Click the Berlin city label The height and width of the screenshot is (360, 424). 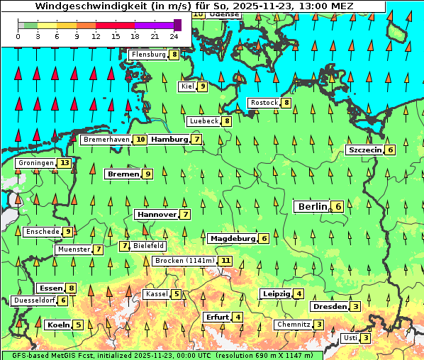[x=313, y=206]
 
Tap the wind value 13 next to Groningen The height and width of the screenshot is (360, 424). [x=65, y=163]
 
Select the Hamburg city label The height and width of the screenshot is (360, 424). [x=169, y=140]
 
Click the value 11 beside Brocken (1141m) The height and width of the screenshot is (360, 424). [x=225, y=261]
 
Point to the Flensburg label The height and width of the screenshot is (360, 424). [x=149, y=54]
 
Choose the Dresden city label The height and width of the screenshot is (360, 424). [x=329, y=307]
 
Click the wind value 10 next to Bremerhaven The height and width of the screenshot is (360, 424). [x=140, y=140]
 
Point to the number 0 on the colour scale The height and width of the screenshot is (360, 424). [x=19, y=35]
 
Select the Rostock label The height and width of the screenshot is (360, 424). [x=264, y=103]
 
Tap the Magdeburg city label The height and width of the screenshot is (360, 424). [x=232, y=238]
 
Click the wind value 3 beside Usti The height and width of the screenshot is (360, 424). [x=365, y=338]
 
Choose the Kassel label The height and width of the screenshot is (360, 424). [x=156, y=294]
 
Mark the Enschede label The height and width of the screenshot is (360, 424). [x=42, y=231]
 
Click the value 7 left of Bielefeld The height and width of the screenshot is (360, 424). [x=125, y=246]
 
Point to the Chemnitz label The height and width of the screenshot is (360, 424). [x=294, y=325]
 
